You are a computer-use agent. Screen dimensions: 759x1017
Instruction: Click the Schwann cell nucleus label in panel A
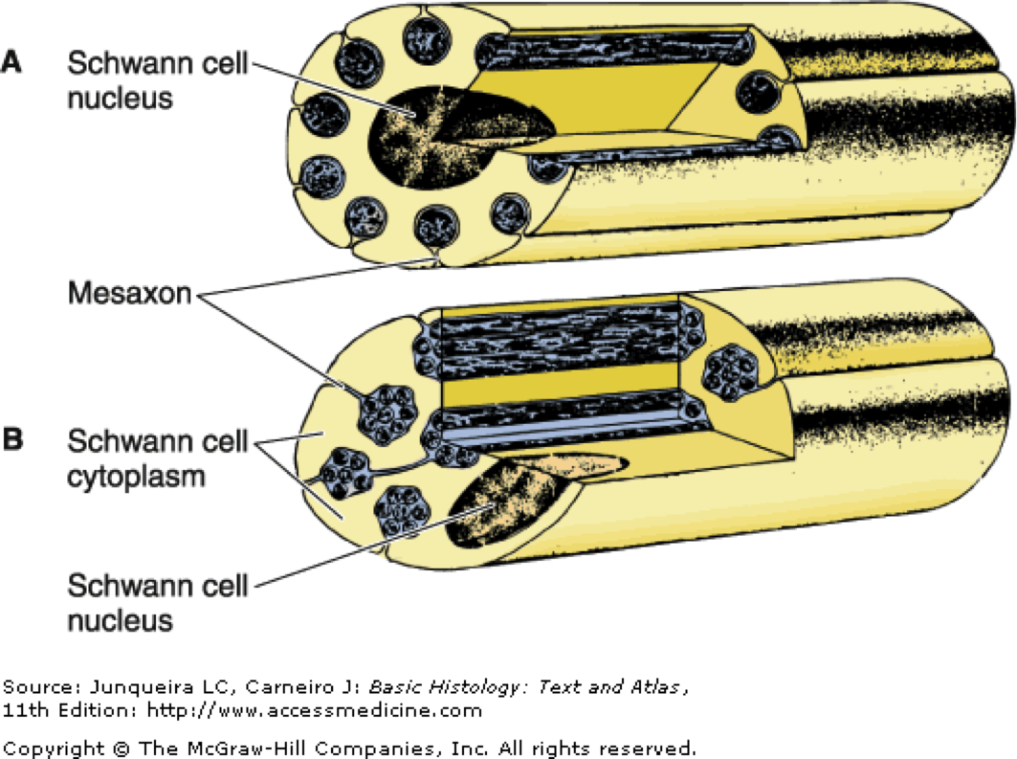click(x=158, y=81)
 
